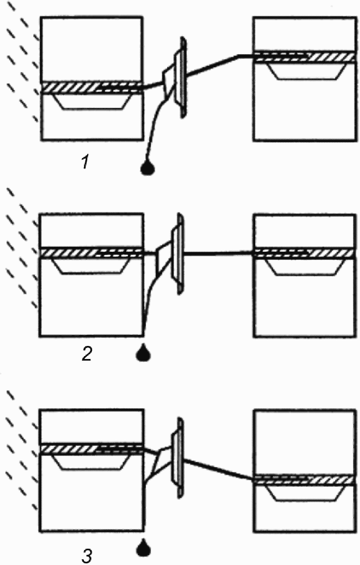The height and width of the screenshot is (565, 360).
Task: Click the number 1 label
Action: [x=84, y=163]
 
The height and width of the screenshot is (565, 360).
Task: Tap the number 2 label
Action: [x=86, y=354]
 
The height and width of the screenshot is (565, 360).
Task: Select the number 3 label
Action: [x=86, y=556]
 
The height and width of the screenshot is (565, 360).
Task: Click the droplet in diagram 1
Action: [x=148, y=168]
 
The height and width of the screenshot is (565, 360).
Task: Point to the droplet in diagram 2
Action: [x=143, y=353]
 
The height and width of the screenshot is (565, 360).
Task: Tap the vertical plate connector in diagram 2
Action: [x=179, y=253]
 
